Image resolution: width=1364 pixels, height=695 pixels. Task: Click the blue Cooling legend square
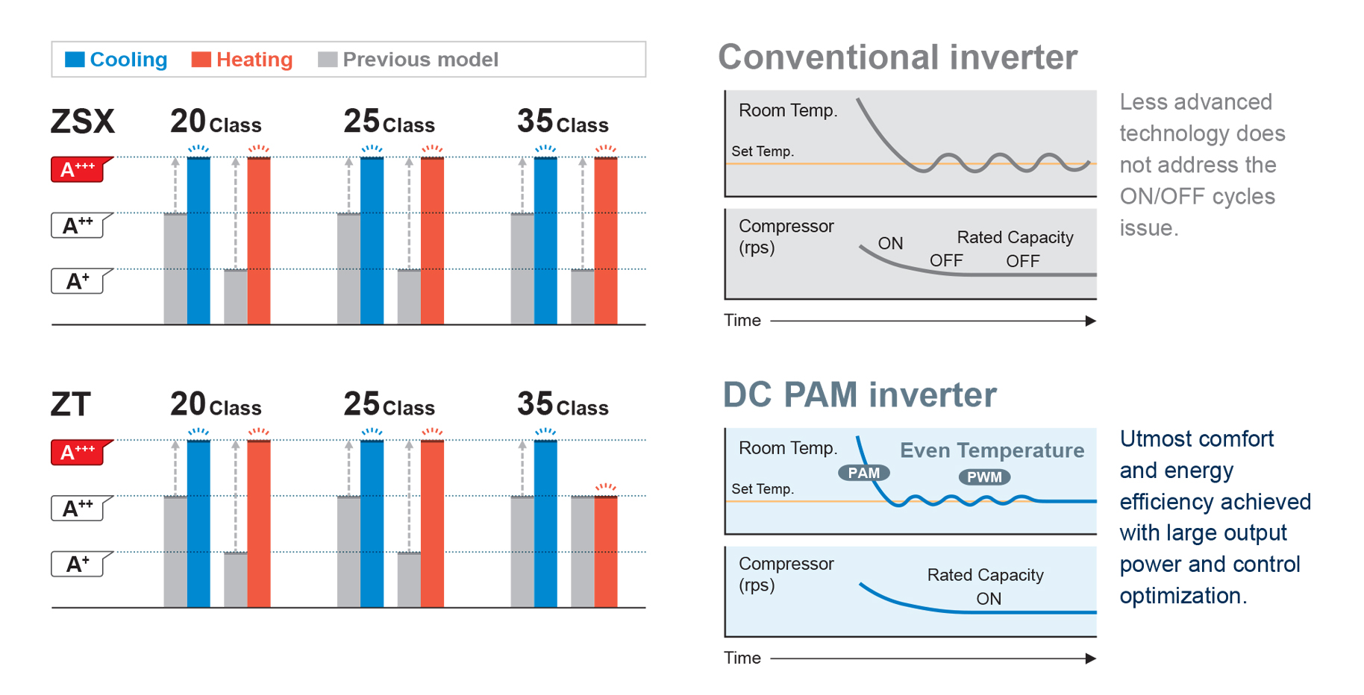tap(75, 60)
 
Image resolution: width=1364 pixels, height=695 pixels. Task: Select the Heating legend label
tap(254, 60)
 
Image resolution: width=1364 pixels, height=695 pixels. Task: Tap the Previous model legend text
tap(420, 60)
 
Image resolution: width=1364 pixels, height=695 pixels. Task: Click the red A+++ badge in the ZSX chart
tap(80, 169)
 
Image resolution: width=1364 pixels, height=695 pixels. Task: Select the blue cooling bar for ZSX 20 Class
tap(198, 240)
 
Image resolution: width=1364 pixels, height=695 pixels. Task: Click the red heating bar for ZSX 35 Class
tap(606, 240)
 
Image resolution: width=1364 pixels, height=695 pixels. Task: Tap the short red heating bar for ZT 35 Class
tap(606, 552)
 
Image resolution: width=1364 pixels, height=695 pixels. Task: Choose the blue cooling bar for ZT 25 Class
tap(372, 523)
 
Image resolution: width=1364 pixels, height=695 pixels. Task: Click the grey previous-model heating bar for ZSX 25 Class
tap(409, 297)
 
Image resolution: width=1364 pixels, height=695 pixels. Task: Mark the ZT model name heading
tap(71, 405)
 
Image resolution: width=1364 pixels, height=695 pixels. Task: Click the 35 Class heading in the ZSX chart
tap(563, 122)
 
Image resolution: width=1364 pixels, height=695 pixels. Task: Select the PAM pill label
tap(863, 473)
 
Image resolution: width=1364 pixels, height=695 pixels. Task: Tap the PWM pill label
tap(984, 477)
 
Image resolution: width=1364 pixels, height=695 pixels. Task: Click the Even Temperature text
tap(992, 450)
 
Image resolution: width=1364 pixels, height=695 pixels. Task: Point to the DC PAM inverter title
tap(860, 394)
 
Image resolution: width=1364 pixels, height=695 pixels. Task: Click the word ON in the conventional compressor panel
tap(890, 243)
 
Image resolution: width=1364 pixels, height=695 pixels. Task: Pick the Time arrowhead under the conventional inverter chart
tap(1091, 321)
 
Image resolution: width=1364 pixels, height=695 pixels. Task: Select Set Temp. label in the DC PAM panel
tap(763, 489)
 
